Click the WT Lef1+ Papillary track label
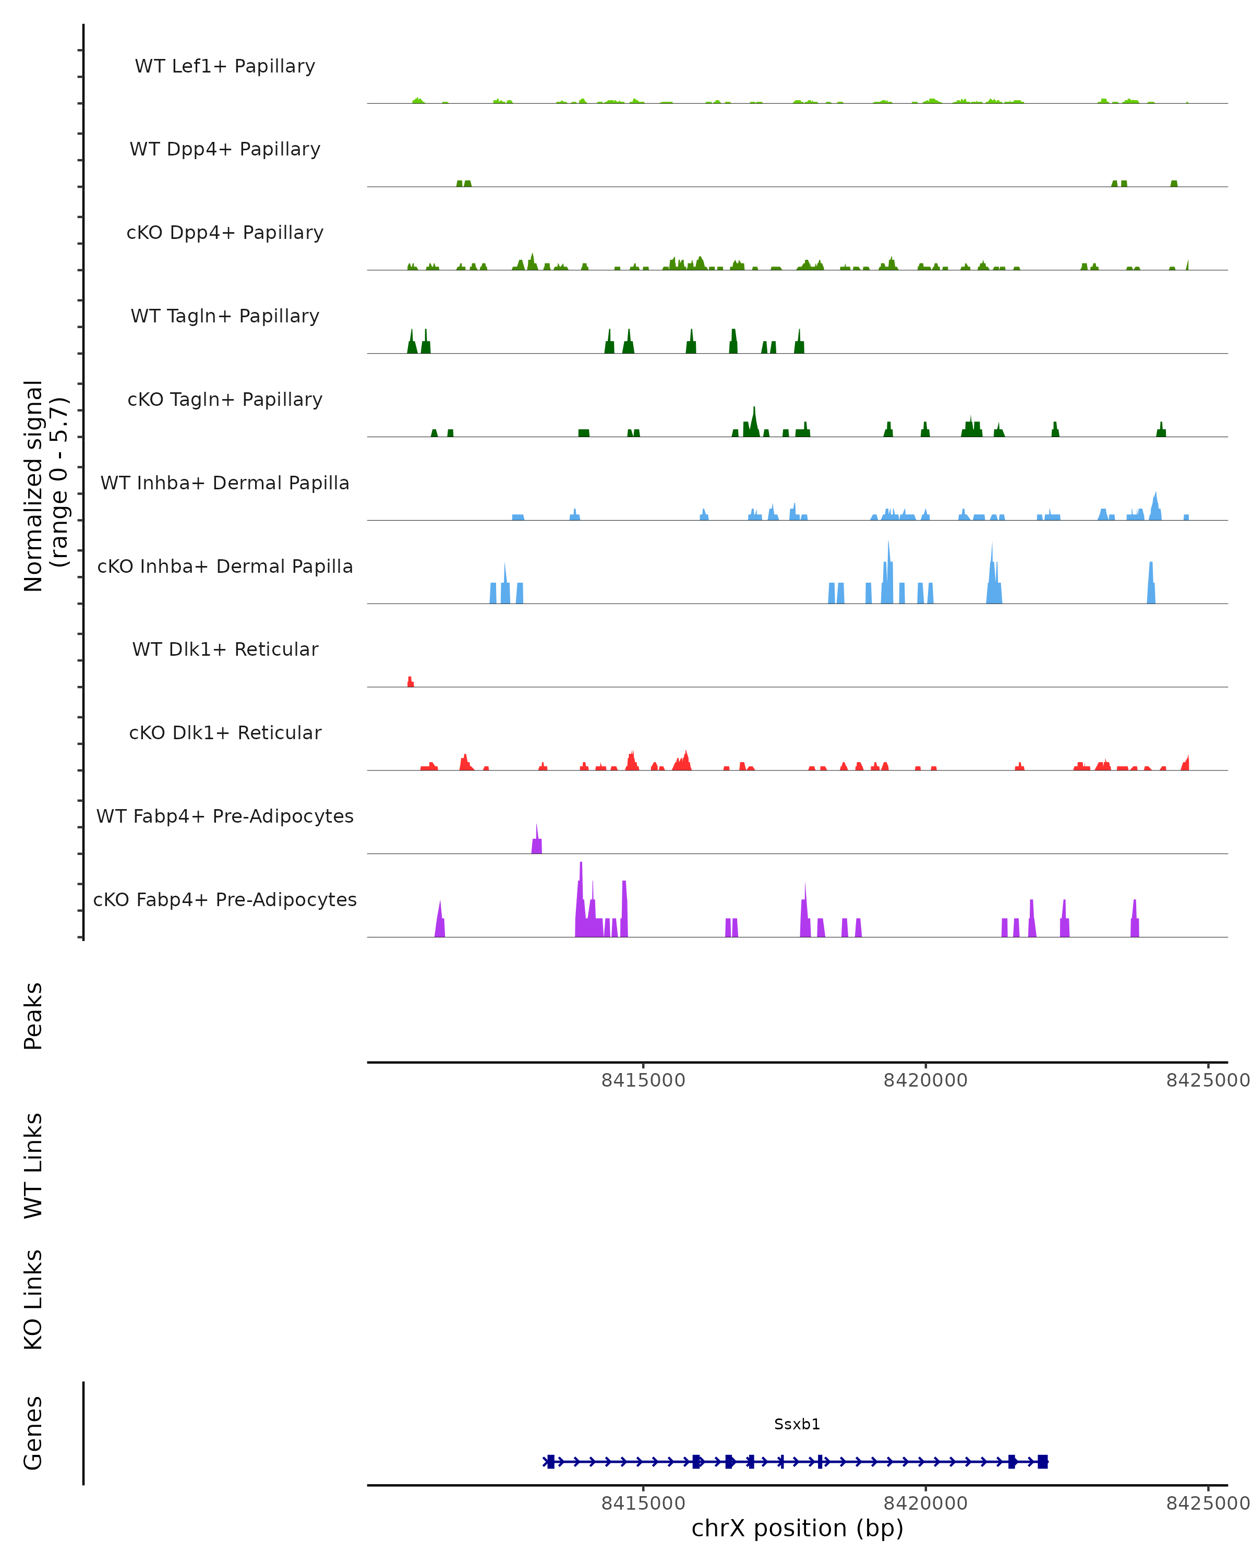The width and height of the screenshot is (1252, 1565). coord(225,66)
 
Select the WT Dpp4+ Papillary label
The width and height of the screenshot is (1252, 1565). coord(225,150)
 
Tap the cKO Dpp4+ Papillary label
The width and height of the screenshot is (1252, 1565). coord(225,233)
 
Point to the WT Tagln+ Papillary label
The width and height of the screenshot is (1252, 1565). coord(225,317)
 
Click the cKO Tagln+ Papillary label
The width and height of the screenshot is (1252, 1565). coord(225,400)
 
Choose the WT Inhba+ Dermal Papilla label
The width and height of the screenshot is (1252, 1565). coord(225,484)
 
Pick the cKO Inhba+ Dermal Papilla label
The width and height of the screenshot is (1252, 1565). coord(225,567)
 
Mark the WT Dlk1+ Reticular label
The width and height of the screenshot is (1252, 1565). coord(225,649)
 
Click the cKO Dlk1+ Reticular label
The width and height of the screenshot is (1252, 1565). coord(225,733)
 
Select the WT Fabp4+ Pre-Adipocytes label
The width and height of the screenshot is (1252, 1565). coord(225,816)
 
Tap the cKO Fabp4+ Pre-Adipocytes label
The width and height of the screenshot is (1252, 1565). coord(225,900)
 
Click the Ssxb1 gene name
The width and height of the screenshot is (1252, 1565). coord(797,1424)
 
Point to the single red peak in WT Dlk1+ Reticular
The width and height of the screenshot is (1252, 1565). coord(410,682)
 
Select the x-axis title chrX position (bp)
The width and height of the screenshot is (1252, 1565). coord(797,1528)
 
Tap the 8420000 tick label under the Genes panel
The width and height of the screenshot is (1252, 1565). coord(925,1503)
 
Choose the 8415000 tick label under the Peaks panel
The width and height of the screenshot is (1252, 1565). coord(643,1080)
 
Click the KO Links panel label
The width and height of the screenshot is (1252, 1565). coord(33,1299)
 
